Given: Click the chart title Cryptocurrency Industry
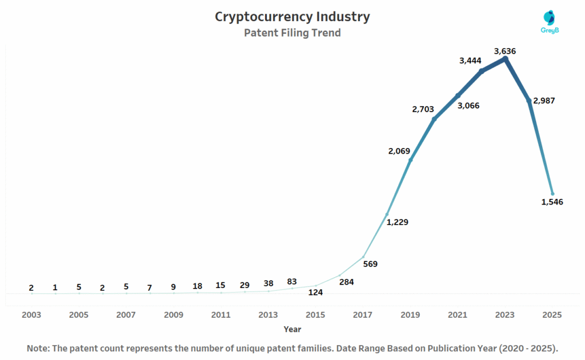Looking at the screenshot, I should (292, 17).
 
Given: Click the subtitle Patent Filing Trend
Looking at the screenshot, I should (292, 33).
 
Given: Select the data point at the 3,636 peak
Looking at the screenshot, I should (505, 58).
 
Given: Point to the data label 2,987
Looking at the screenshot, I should (544, 101).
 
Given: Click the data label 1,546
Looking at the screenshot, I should (552, 202).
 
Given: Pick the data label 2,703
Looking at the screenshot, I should (423, 109).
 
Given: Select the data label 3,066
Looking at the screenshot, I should (468, 106).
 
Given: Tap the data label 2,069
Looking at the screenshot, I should (399, 150).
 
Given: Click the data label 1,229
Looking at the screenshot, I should (397, 222).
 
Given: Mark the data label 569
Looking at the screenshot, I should (370, 264).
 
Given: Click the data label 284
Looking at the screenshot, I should (346, 281).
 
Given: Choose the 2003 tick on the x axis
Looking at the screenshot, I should (31, 315).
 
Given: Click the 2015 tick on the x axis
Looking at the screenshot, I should (315, 315).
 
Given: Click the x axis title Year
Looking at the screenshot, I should (292, 329).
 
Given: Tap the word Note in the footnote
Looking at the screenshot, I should (38, 348).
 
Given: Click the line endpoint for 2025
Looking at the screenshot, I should (552, 194).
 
